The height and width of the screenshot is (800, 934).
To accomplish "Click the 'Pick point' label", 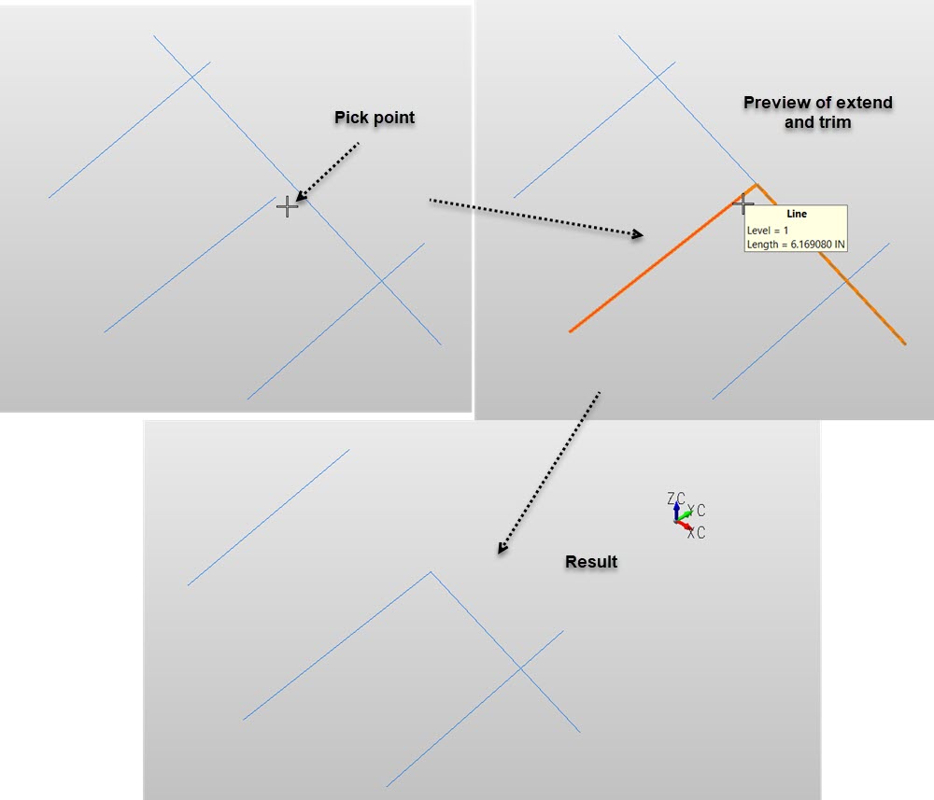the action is click(x=375, y=118).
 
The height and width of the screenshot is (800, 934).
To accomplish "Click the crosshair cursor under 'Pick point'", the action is click(x=287, y=206).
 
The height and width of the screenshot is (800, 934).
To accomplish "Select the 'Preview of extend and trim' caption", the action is click(x=818, y=112).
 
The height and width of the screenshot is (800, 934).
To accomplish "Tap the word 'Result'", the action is click(x=591, y=561).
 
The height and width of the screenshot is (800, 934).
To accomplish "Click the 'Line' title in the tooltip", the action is click(x=797, y=214).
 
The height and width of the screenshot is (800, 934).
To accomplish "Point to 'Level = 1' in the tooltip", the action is click(x=767, y=231).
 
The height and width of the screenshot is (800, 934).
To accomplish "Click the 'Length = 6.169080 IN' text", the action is click(x=796, y=244).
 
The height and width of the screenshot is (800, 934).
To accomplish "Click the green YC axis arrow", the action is click(x=685, y=515).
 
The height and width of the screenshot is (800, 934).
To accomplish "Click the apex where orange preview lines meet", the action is click(x=757, y=185).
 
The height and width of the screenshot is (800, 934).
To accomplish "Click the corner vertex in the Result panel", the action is click(x=431, y=572).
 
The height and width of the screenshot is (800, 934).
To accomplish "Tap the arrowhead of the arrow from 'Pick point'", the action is click(x=301, y=196).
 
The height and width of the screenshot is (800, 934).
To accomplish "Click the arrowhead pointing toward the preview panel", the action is click(x=638, y=234).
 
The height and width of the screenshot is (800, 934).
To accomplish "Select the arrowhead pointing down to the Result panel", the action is click(x=502, y=548).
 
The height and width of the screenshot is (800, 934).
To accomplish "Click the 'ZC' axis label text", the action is click(x=676, y=498).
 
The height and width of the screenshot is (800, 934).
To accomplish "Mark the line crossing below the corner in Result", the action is click(x=520, y=668).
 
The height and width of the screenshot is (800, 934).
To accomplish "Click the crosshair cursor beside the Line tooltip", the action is click(x=743, y=204).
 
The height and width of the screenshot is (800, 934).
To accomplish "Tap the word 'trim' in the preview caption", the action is click(x=835, y=122).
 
